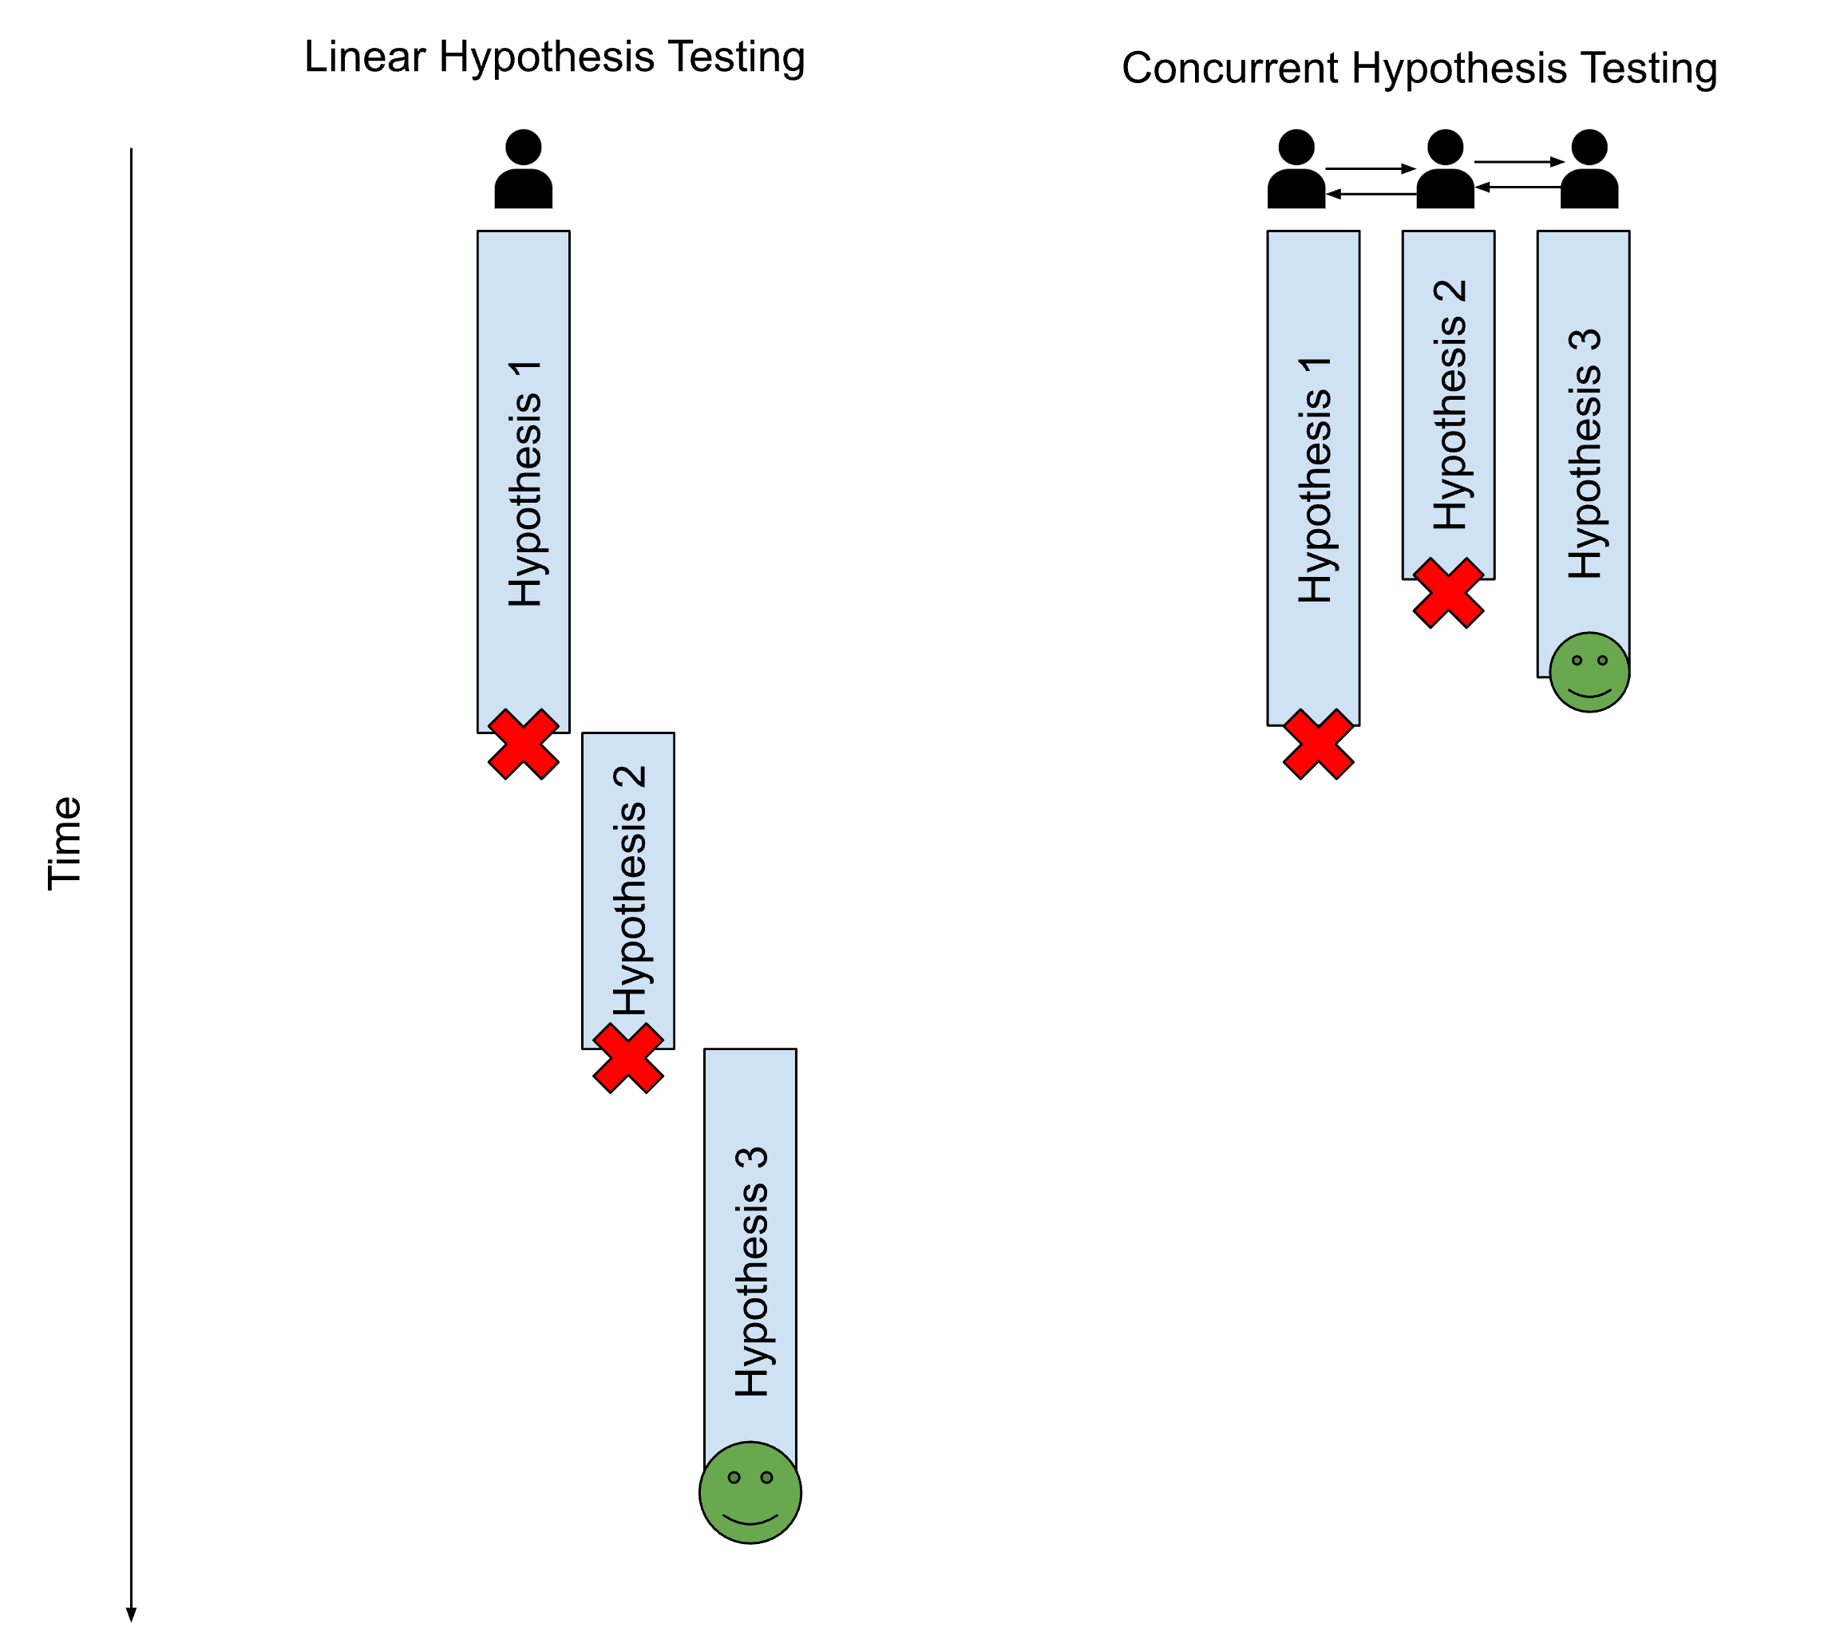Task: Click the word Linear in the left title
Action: [x=364, y=57]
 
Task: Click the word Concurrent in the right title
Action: [x=1229, y=69]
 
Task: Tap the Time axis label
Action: [x=65, y=843]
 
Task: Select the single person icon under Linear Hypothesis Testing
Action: [x=523, y=169]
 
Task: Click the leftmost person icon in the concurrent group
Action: [x=1296, y=169]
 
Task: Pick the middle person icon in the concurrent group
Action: [x=1445, y=169]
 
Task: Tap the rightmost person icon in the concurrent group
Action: [x=1589, y=169]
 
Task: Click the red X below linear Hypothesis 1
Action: [x=523, y=744]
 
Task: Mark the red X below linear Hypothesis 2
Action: [x=627, y=1058]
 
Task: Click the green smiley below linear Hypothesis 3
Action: [x=750, y=1492]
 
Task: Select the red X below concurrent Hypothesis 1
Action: [x=1318, y=744]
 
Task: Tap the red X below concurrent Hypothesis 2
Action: [x=1447, y=593]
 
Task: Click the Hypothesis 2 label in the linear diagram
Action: [x=629, y=891]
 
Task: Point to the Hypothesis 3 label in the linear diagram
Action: [x=751, y=1271]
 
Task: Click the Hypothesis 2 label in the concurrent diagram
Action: [x=1450, y=405]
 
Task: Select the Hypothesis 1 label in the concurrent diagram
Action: [x=1315, y=480]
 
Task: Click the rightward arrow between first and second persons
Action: [x=1370, y=168]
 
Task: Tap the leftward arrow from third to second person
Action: [x=1518, y=188]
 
